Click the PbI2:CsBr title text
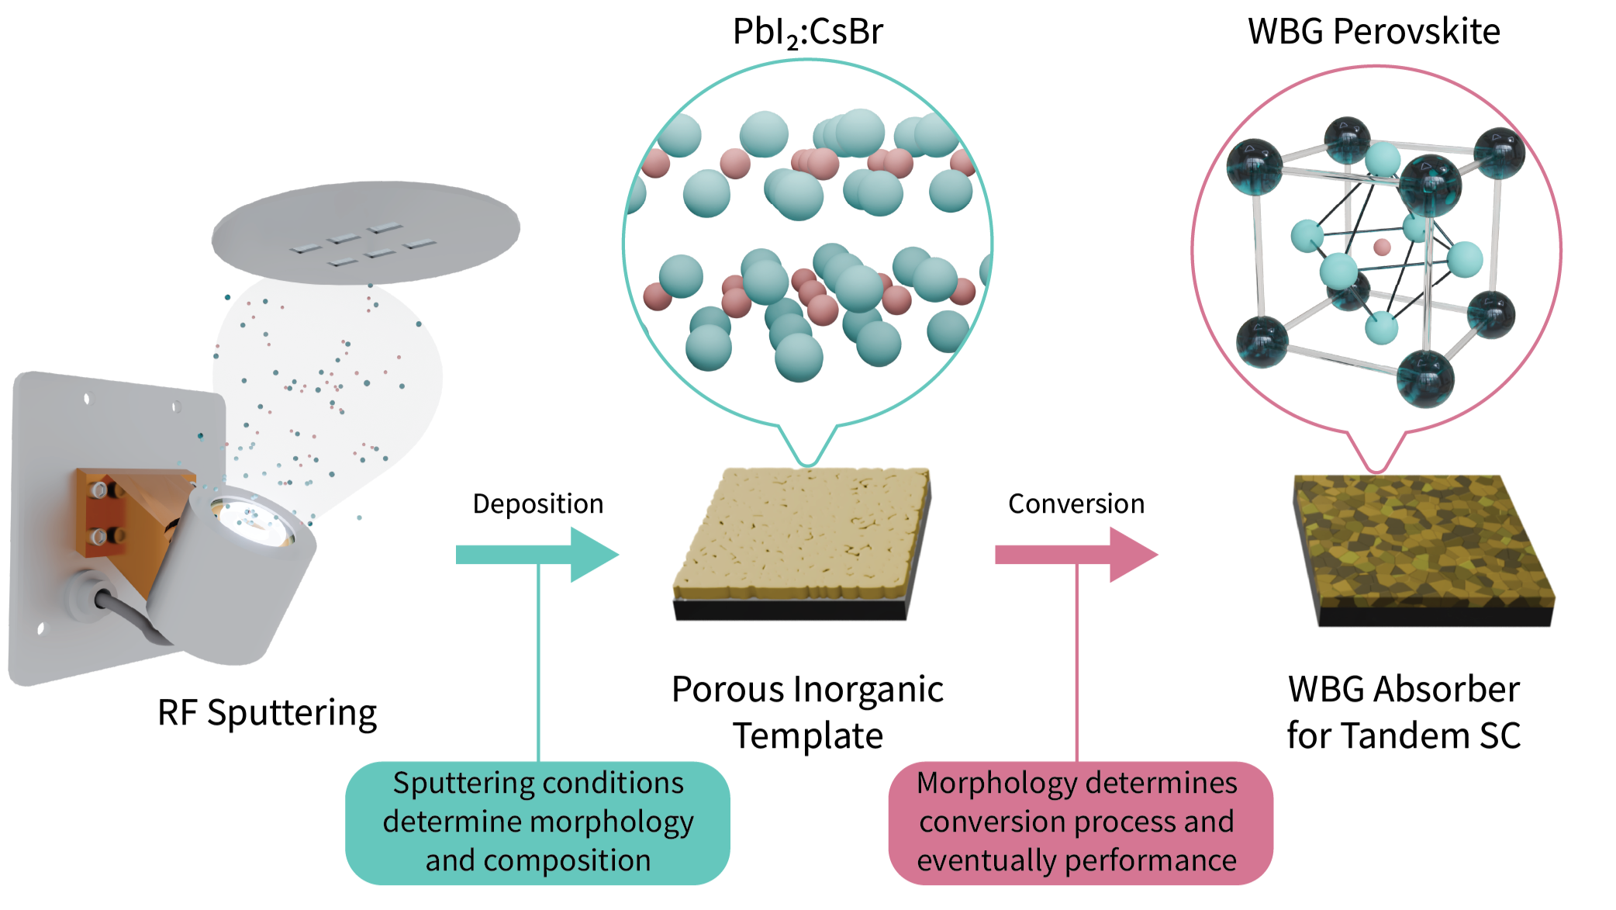coord(807,33)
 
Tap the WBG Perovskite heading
coord(1373,32)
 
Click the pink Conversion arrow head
coord(1131,555)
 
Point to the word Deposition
coord(537,504)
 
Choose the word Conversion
coord(1076,504)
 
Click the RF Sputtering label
coord(267,713)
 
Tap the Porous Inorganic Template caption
coord(807,712)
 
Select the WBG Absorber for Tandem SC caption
coord(1404,712)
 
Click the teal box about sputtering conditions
coord(537,822)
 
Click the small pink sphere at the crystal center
coord(1382,247)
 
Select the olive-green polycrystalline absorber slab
coord(1423,543)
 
